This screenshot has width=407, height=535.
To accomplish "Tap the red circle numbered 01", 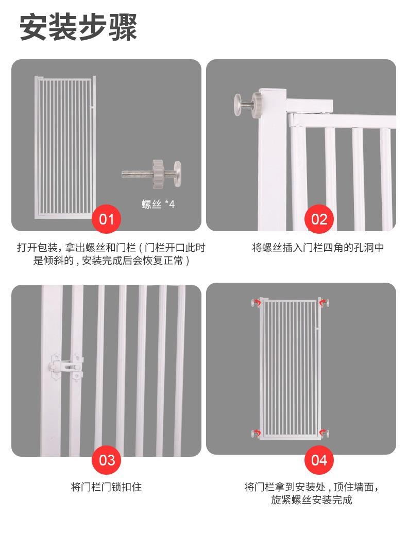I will [106, 219].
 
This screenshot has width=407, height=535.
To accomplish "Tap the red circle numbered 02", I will [319, 219].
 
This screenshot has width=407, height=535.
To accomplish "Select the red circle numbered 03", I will [106, 459].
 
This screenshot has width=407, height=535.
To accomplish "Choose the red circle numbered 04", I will [319, 459].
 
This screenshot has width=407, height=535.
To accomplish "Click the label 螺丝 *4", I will [158, 204].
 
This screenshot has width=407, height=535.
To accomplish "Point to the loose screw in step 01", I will [152, 170].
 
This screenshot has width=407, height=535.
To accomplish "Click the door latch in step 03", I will [64, 367].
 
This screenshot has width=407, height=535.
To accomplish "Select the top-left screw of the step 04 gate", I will [256, 303].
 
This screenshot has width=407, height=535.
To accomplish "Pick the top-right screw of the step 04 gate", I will [324, 303].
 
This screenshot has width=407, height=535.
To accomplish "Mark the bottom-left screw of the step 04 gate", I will [256, 433].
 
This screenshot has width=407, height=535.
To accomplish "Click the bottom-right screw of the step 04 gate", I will [324, 433].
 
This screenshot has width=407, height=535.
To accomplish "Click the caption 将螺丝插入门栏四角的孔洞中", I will [318, 248].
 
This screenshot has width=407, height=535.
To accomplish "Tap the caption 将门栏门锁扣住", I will [106, 487].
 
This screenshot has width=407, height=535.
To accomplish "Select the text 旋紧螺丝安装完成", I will [312, 500].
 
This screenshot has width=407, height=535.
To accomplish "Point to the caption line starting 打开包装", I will [111, 248].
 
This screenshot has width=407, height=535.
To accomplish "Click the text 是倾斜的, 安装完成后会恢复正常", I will [111, 261].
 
